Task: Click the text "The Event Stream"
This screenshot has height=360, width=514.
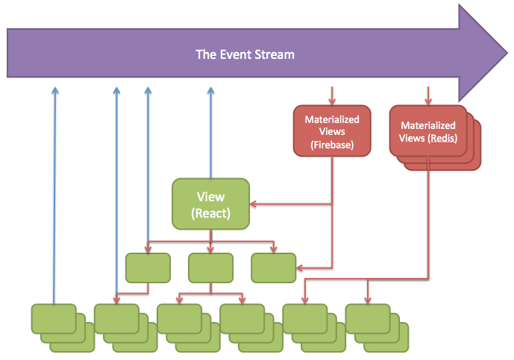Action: pos(245,54)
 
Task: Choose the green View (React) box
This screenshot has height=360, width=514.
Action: pos(210,203)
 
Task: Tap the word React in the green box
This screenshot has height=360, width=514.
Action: pos(210,212)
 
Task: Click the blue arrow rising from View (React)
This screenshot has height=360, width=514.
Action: pos(210,134)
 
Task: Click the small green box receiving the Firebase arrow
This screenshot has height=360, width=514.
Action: pos(273,268)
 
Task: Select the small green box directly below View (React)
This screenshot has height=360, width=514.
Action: pos(210,268)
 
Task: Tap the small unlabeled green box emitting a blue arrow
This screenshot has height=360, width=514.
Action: pos(148,268)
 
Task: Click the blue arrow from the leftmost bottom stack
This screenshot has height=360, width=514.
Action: pos(54,194)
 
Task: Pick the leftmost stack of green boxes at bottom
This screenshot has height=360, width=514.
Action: pos(54,319)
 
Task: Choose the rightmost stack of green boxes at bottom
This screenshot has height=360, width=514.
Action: pos(369,319)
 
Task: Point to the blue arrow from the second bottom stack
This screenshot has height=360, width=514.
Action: pos(116,194)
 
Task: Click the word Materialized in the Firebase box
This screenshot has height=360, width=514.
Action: pos(332,119)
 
